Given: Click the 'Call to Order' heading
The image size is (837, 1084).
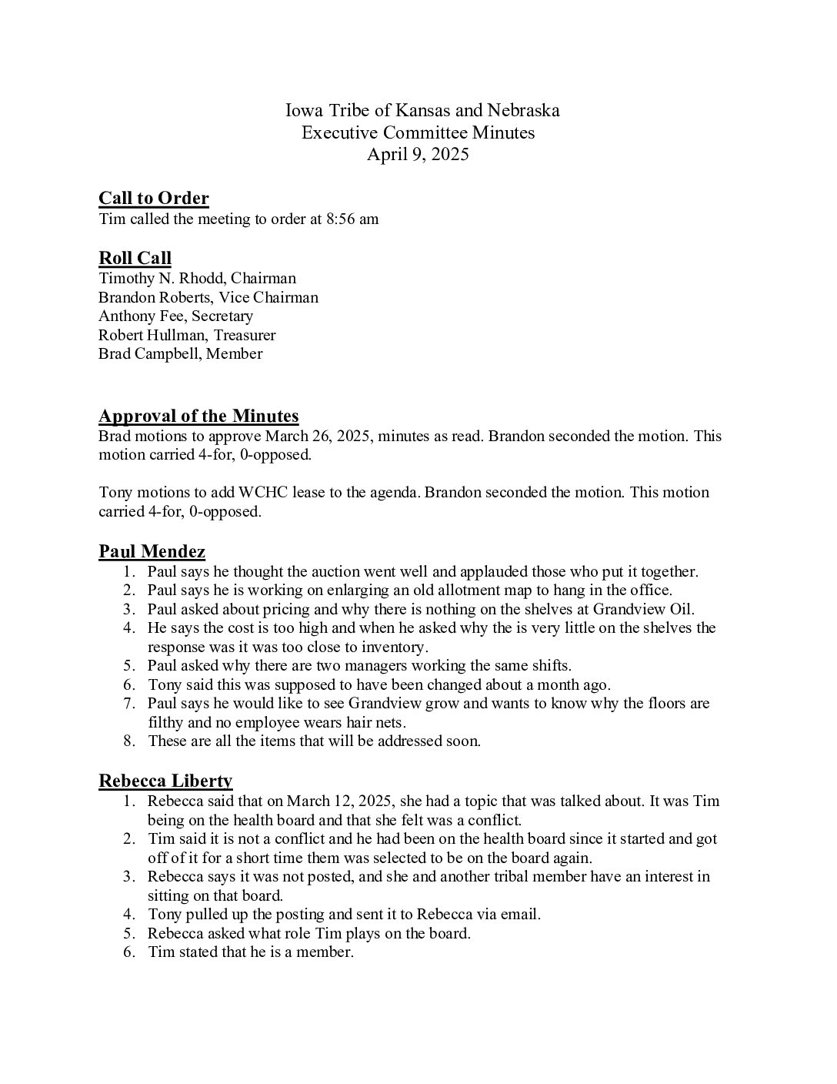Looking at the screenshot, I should tap(153, 199).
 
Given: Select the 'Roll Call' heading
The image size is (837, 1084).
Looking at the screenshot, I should tap(135, 258).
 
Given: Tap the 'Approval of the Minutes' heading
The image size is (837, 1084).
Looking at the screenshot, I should tap(198, 417).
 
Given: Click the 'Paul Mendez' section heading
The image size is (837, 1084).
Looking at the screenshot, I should tap(152, 551).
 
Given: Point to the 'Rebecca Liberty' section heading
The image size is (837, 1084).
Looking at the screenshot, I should tap(165, 781).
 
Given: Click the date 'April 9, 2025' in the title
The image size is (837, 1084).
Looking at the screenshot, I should tap(418, 155).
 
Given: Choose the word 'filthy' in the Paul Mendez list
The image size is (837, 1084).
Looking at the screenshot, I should tap(166, 723).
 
